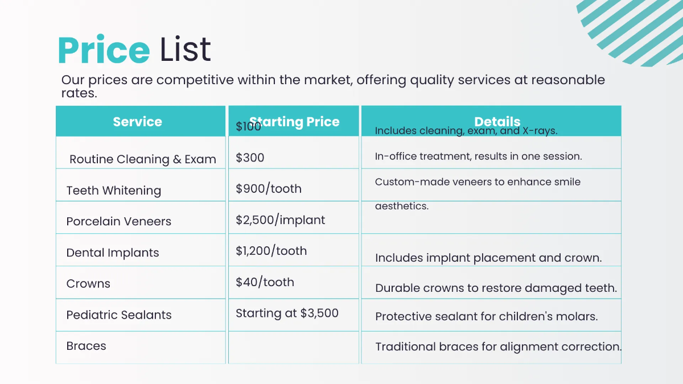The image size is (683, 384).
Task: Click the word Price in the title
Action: (103, 50)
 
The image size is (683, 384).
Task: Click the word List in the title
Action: (185, 50)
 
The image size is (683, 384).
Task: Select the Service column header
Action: (137, 122)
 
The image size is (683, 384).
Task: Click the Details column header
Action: (497, 121)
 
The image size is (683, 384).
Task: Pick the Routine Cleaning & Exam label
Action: (142, 159)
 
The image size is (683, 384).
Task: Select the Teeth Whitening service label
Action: (113, 191)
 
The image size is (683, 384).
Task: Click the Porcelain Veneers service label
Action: (118, 221)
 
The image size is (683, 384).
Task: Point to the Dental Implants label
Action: (112, 253)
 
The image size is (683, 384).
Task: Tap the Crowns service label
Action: (88, 283)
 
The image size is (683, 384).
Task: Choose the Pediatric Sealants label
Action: (118, 315)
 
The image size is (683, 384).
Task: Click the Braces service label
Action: (86, 346)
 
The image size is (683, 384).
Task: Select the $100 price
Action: (248, 127)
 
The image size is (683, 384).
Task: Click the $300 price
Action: (250, 158)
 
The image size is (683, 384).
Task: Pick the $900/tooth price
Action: (268, 189)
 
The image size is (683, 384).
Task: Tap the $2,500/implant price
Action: (280, 220)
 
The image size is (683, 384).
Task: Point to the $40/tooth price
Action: (265, 282)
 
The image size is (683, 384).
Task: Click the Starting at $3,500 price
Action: (287, 313)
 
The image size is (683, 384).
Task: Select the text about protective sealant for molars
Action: (486, 316)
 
